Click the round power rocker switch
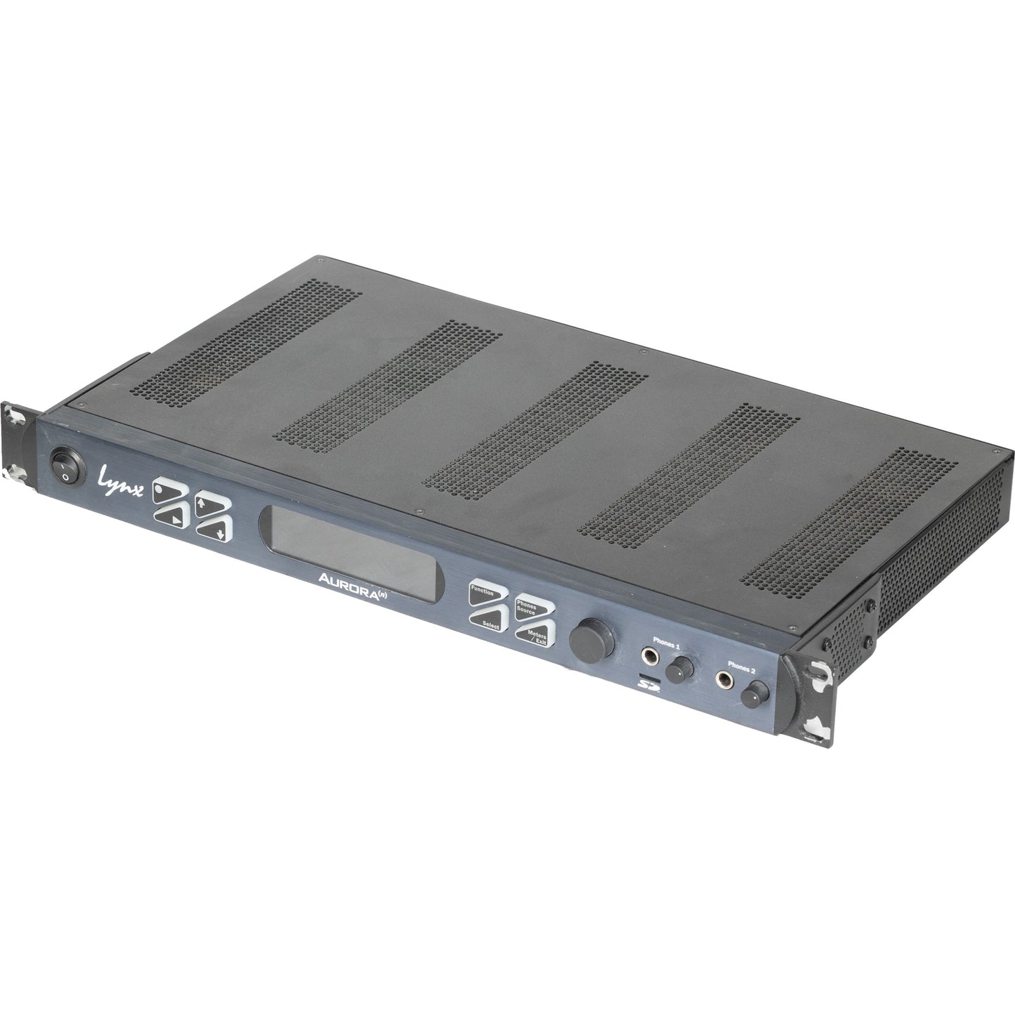[x=66, y=466]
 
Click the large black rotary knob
[x=592, y=640]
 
